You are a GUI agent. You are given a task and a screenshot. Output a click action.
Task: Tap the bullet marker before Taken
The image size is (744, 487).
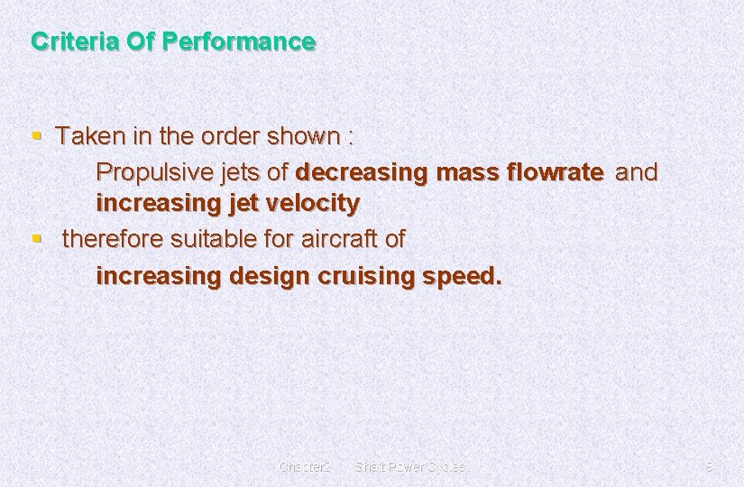pyautogui.click(x=36, y=137)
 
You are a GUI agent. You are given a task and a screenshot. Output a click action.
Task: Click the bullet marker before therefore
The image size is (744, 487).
pyautogui.click(x=36, y=240)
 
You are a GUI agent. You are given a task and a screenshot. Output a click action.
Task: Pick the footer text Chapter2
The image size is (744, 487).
pyautogui.click(x=305, y=467)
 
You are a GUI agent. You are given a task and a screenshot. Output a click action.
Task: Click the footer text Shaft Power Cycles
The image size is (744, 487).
pyautogui.click(x=410, y=467)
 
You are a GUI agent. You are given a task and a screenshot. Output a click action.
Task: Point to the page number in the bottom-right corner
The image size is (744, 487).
pyautogui.click(x=709, y=467)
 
